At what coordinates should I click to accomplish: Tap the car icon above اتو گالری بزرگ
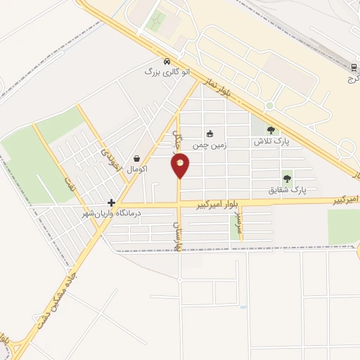click(x=166, y=61)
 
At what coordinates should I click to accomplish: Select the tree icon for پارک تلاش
click(x=271, y=130)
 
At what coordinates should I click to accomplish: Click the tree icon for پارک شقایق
click(x=286, y=179)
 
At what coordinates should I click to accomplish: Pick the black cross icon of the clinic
click(x=111, y=202)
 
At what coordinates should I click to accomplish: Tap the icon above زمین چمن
click(x=209, y=134)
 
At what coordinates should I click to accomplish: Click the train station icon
click(x=354, y=67)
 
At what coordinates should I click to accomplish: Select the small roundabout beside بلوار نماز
click(x=269, y=105)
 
